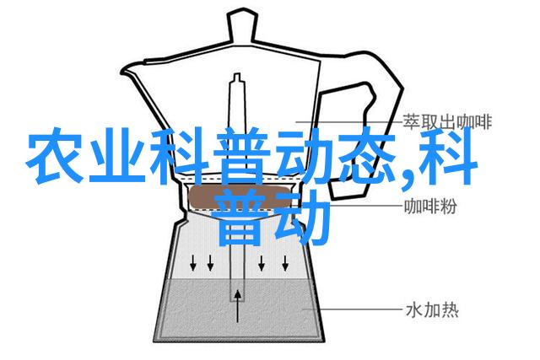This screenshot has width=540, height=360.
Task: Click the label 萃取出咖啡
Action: point(447,121)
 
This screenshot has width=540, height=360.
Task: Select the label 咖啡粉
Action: point(430,207)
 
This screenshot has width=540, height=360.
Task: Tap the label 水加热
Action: point(433,309)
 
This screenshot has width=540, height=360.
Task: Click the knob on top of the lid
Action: point(242,27)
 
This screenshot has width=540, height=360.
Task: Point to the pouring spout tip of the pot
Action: point(121,73)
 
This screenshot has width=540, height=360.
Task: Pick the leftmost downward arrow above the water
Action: point(193,263)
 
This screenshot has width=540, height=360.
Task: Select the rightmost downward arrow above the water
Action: point(285,263)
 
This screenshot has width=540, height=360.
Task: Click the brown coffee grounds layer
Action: point(240,197)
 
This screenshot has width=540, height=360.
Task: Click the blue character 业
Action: point(117,155)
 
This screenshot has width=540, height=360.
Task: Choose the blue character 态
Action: point(367,154)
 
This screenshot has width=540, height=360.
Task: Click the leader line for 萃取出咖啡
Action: point(349,122)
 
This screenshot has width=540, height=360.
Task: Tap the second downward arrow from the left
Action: point(210,263)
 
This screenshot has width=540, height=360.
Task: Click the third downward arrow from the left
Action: point(262,263)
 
